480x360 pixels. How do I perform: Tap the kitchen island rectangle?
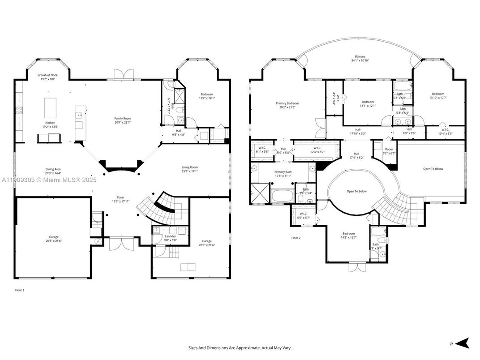point(50,108)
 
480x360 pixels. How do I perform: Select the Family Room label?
point(122,118)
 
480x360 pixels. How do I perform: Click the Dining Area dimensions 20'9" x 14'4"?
point(53,173)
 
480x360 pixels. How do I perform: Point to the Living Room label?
point(190,167)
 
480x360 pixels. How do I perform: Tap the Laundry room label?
point(170,236)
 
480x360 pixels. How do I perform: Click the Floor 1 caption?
point(20,290)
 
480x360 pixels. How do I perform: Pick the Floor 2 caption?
point(296,238)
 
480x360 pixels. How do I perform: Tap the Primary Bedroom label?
point(287,103)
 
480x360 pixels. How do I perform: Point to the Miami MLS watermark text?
point(48,180)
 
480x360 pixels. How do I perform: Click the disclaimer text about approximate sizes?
point(240,347)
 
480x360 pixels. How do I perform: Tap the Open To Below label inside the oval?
point(356,191)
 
